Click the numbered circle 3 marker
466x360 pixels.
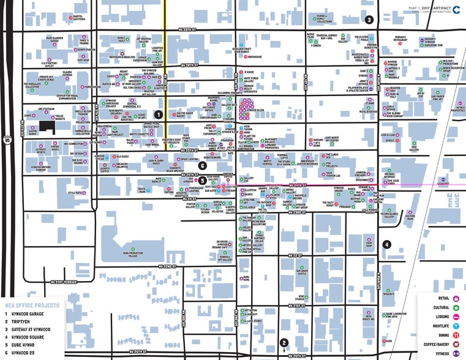(369, 20)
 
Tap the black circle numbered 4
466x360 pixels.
(386, 244)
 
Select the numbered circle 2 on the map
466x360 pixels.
(284, 343)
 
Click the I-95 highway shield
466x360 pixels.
(7, 140)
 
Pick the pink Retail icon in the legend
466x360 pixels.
(456, 299)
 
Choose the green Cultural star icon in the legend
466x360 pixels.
(456, 308)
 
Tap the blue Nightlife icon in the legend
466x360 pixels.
(456, 326)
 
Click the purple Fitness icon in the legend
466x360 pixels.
(456, 353)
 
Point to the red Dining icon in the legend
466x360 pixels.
(456, 336)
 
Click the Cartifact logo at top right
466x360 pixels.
(457, 9)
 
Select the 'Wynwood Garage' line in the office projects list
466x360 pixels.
(28, 313)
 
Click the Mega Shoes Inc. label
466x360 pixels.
(367, 318)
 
